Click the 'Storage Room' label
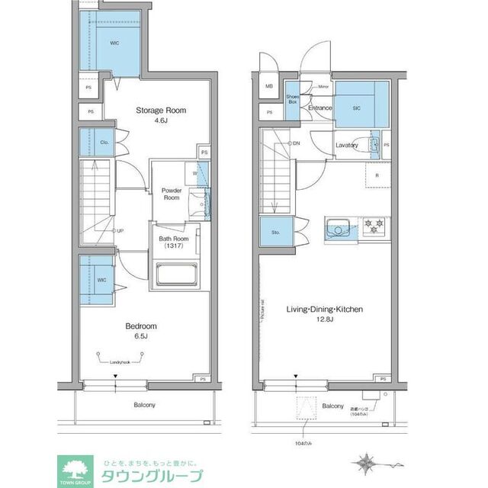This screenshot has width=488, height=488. tap(161, 111)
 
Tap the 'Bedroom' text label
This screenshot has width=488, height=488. tap(141, 326)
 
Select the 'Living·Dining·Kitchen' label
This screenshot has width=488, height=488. tap(324, 310)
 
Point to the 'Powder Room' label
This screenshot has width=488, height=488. tap(170, 193)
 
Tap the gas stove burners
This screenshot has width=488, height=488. tap(374, 226)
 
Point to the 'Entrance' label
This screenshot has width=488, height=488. tap(319, 108)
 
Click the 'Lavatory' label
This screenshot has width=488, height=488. tap(346, 145)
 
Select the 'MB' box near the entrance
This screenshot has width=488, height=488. tap(268, 87)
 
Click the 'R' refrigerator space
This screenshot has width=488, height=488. tap(376, 176)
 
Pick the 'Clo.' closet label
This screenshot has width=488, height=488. tap(104, 143)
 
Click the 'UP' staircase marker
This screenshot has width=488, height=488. tap(120, 230)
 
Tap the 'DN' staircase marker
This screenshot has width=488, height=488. tap(295, 143)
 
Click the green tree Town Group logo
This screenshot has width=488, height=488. tap(75, 467)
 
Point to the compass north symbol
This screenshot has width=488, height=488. tap(365, 462)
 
